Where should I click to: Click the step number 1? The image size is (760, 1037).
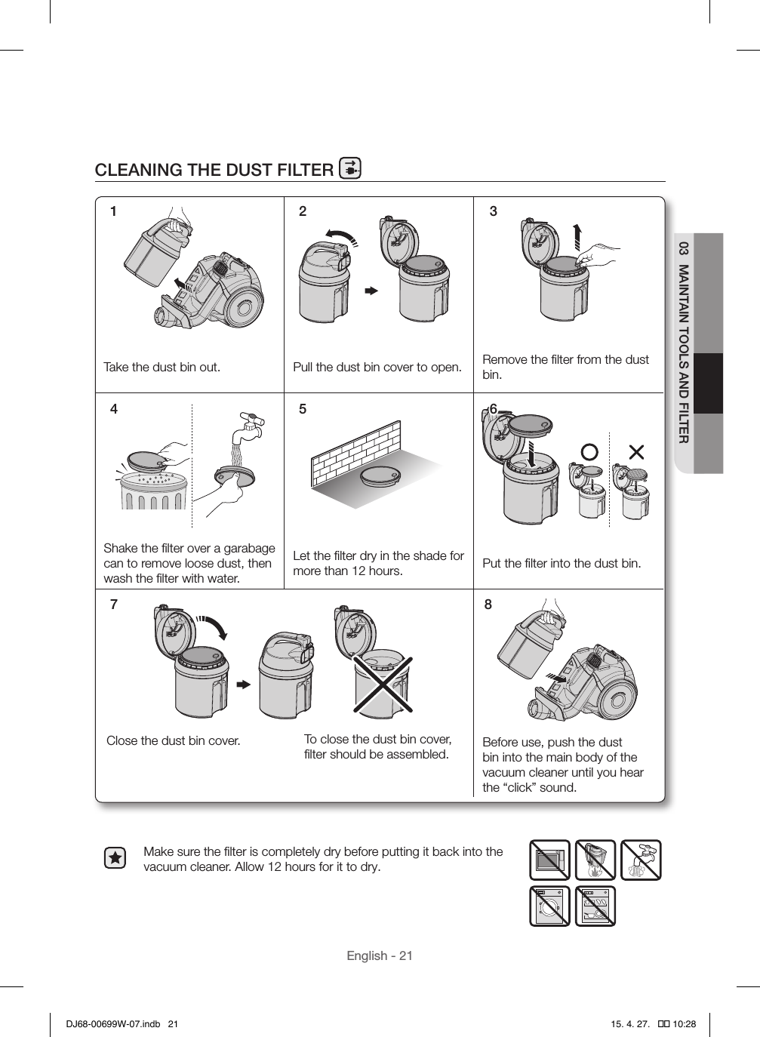point(114,212)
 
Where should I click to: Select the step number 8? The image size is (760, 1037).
point(488,605)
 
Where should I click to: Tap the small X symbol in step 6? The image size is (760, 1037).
point(636,452)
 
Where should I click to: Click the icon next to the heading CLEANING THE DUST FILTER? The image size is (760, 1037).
point(350,168)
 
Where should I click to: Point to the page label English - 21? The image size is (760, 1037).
point(380,956)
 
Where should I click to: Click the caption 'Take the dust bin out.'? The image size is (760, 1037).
point(162,368)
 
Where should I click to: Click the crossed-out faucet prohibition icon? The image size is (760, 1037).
point(641,860)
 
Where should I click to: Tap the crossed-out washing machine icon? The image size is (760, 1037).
point(549,906)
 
